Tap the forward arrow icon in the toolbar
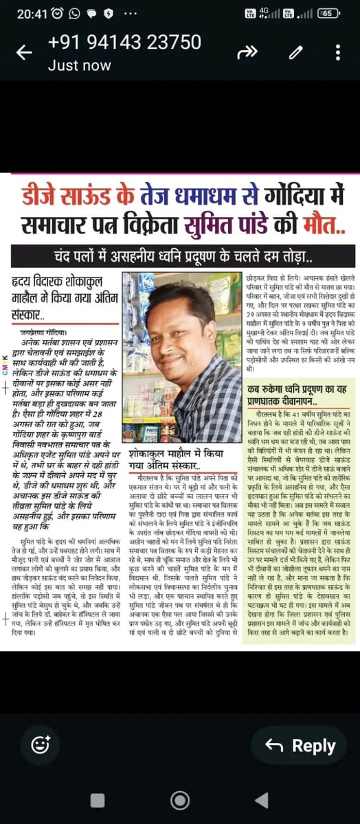[247, 52]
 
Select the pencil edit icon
[296, 52]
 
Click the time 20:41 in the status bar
[31, 13]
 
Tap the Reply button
[299, 746]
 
